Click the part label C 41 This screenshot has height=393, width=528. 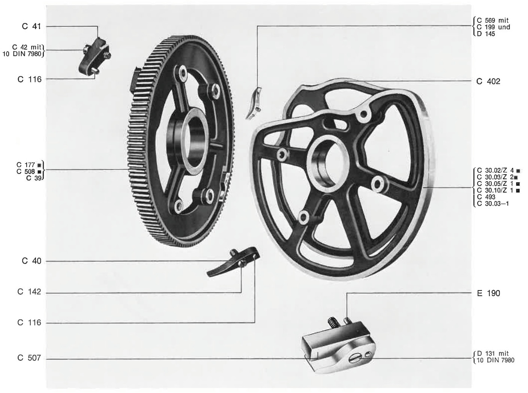tap(31, 26)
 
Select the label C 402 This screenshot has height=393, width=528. tap(488, 82)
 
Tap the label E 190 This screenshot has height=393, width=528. tap(488, 293)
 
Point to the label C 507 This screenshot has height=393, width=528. tap(29, 358)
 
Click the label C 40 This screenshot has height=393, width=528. tap(31, 261)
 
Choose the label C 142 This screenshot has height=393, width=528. tap(29, 292)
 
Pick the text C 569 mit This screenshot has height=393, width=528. tap(493, 21)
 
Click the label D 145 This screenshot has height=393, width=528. tap(486, 34)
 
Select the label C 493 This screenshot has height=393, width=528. tap(486, 197)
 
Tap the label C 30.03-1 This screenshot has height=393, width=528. tap(493, 203)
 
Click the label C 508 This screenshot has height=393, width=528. tap(26, 171)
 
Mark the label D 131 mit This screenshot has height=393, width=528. tap(493, 353)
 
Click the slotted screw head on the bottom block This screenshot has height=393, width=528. tap(355, 358)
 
